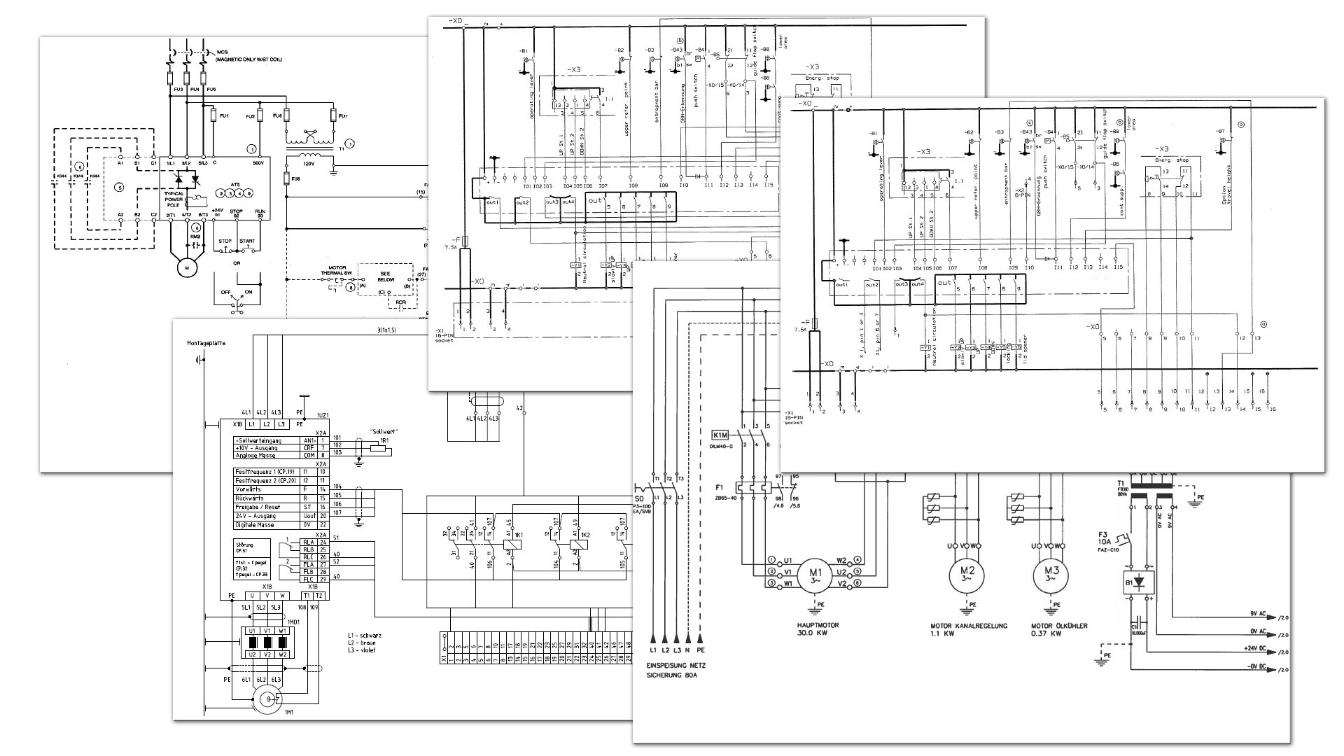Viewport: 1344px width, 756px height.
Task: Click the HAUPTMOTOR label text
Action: [x=818, y=625]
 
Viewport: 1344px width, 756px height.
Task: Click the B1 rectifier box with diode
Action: [x=1139, y=582]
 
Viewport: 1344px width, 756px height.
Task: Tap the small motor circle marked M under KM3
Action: [x=186, y=267]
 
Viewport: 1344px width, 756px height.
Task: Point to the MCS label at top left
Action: [x=222, y=52]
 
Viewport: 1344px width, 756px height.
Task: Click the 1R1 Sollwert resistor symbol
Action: [x=379, y=448]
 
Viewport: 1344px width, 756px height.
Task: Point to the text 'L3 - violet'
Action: [x=361, y=650]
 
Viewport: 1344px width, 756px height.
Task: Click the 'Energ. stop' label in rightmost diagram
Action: [x=1172, y=160]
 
